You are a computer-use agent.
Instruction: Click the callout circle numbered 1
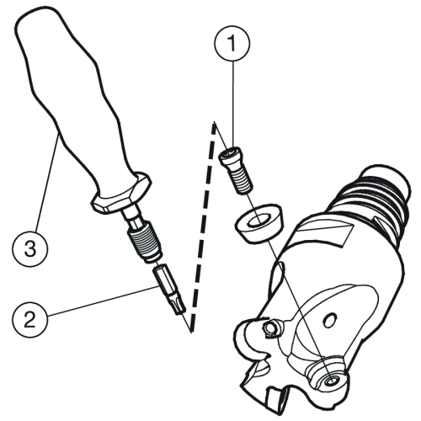pyautogui.click(x=232, y=43)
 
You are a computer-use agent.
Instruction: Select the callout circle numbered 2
pyautogui.click(x=30, y=320)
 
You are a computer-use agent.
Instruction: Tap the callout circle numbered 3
pyautogui.click(x=30, y=248)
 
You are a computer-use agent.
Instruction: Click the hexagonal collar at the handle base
pyautogui.click(x=121, y=194)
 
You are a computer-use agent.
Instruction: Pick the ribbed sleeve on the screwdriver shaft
pyautogui.click(x=145, y=241)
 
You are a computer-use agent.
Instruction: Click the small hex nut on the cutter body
pyautogui.click(x=270, y=328)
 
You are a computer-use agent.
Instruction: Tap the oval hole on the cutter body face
pyautogui.click(x=330, y=320)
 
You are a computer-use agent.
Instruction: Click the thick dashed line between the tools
pyautogui.click(x=202, y=226)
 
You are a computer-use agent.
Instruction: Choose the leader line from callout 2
pyautogui.click(x=102, y=301)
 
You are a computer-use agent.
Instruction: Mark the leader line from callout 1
pyautogui.click(x=232, y=104)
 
